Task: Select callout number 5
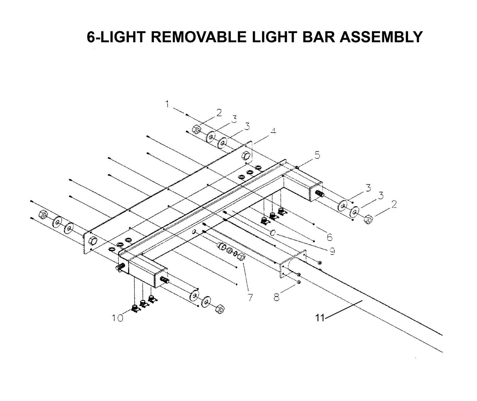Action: point(317,155)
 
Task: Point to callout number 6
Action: point(329,237)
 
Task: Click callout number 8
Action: point(276,297)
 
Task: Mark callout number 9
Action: point(331,252)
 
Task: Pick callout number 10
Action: point(117,318)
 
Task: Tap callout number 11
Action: point(319,318)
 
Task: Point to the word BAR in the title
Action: point(318,37)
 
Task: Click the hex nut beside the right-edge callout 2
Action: point(368,219)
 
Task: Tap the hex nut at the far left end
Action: point(43,214)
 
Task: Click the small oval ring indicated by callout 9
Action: point(273,233)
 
